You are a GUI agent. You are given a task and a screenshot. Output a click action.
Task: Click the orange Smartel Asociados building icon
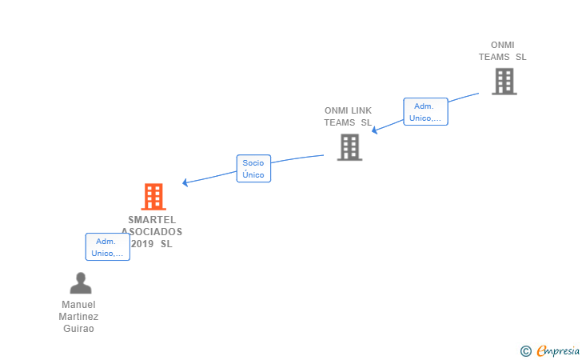click(153, 197)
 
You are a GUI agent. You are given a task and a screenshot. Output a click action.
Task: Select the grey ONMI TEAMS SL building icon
click(504, 82)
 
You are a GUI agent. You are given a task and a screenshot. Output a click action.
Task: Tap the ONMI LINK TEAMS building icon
click(349, 147)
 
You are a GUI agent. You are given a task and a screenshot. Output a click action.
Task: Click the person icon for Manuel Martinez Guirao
click(80, 283)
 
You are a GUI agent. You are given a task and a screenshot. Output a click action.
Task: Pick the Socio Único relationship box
click(253, 169)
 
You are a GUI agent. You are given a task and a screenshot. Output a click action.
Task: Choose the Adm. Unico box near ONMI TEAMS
click(425, 112)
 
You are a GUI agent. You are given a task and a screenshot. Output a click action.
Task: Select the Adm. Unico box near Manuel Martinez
click(107, 247)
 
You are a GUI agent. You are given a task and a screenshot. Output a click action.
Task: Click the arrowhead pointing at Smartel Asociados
click(185, 182)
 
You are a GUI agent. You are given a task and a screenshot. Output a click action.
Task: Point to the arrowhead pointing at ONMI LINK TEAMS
click(374, 130)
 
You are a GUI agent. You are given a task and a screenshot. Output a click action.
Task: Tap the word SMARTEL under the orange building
click(152, 220)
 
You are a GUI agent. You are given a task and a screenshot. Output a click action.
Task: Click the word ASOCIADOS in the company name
click(153, 232)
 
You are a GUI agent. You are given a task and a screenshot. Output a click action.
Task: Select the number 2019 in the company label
click(142, 244)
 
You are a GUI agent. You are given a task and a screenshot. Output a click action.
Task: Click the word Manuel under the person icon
click(78, 305)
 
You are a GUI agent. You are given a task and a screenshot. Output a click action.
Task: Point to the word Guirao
click(78, 329)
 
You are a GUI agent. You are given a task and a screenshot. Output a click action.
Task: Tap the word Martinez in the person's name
click(78, 317)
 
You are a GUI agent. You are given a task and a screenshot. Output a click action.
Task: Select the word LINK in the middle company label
click(361, 110)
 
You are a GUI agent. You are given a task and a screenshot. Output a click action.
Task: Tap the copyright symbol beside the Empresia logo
click(525, 350)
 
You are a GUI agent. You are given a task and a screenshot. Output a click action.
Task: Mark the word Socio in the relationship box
click(253, 163)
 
